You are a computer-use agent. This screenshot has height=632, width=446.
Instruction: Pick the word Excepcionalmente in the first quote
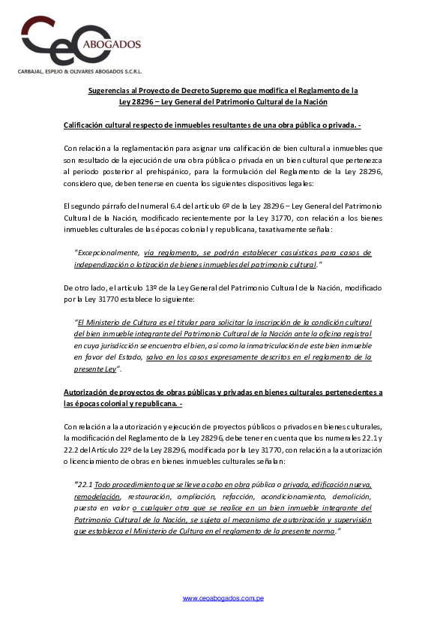click(107, 253)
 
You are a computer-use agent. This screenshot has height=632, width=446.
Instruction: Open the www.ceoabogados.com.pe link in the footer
click(223, 598)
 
